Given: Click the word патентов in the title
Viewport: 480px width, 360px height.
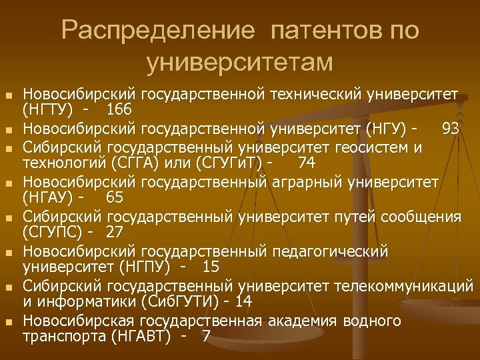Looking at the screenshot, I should click(319, 31).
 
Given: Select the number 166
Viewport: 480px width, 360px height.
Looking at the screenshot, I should click(118, 109).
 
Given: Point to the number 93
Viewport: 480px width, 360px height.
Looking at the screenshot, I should click(450, 127).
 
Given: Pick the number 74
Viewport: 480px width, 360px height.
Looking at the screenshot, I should click(307, 163).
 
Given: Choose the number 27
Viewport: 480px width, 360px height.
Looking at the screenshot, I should click(115, 232).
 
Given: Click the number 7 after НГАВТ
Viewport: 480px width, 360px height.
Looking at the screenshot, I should click(205, 336).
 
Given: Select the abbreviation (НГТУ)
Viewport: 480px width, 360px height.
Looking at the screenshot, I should click(48, 109).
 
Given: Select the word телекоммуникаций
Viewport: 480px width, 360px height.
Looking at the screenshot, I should click(400, 285).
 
